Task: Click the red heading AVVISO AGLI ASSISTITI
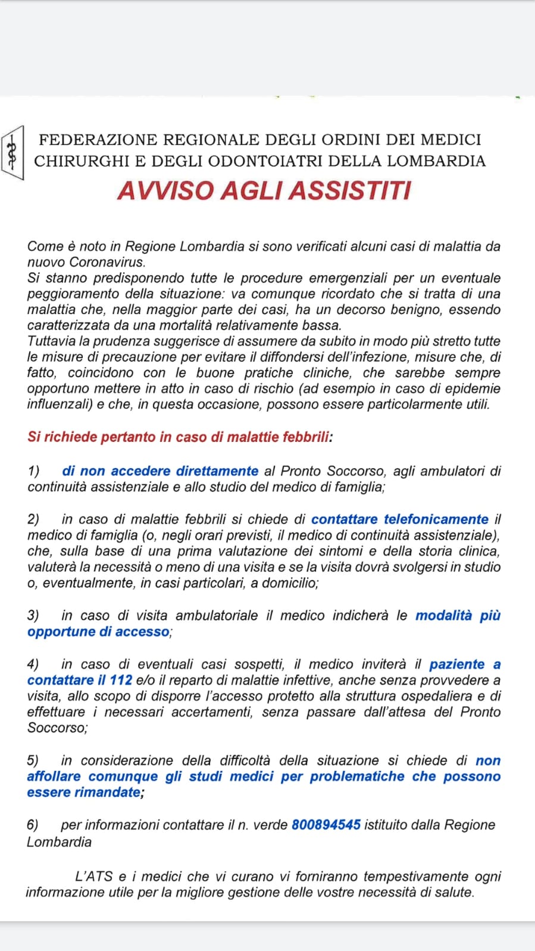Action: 264,191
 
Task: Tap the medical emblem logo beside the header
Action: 12,153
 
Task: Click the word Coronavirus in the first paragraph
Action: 107,262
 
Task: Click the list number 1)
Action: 33,471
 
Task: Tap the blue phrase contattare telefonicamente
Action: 399,519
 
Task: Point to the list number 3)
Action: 33,616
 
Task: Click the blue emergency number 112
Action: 121,680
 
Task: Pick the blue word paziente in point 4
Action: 457,664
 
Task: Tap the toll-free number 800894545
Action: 326,825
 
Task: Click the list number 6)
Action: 33,825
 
